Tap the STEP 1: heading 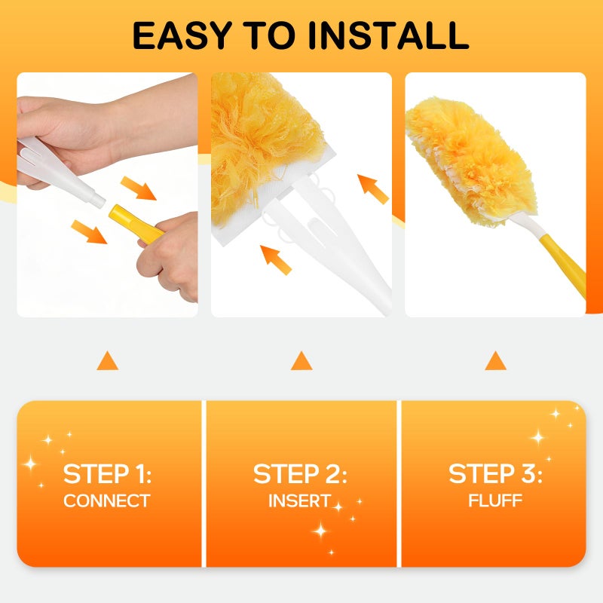click(107, 474)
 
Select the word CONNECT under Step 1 click(107, 500)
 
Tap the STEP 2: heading click(300, 474)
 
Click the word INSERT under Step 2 click(299, 500)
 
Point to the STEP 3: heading click(495, 474)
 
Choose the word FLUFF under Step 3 click(495, 500)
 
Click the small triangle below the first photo click(107, 361)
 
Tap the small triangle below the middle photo click(301, 361)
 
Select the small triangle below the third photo click(495, 361)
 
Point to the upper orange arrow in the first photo click(139, 188)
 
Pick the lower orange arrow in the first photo click(90, 231)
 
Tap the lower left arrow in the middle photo click(277, 259)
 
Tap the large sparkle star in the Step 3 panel click(538, 437)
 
